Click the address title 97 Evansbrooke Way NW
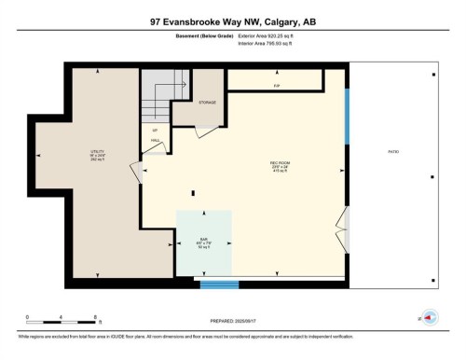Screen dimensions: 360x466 (x=233, y=21)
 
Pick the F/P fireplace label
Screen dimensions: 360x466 (x=277, y=86)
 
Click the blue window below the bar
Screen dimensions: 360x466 (x=220, y=284)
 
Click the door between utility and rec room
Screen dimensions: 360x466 (x=136, y=172)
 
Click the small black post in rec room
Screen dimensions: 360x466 (x=192, y=193)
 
